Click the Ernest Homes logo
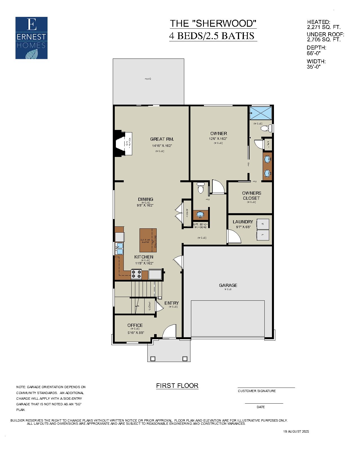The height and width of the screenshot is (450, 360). pos(31,38)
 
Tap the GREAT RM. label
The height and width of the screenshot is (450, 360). pos(162,139)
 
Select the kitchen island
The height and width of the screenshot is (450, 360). pos(148,240)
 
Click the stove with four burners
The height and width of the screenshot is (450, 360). pos(136,274)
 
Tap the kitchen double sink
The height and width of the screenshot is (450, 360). pos(120,249)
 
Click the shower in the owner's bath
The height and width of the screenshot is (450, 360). pos(261,113)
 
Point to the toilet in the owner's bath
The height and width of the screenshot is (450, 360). pos(266,128)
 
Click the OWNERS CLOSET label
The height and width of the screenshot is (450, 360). pos(251,195)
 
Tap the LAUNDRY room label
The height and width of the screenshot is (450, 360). pos(243,222)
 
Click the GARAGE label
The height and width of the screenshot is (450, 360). pos(228,285)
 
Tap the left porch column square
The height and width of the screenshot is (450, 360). pos(153,359)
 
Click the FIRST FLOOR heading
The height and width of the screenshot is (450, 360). pos(177,386)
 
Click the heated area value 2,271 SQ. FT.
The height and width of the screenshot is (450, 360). pos(324,27)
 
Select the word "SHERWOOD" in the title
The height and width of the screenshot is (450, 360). pos(224,23)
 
